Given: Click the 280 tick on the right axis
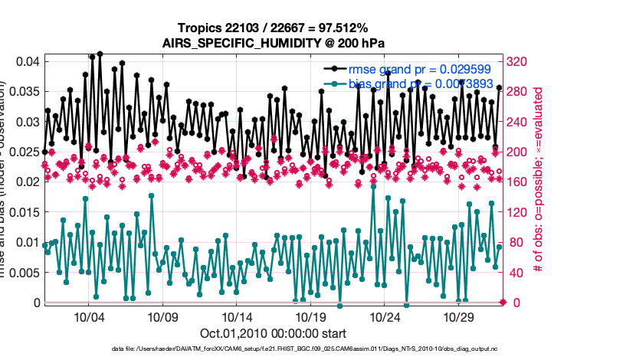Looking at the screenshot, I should click(x=520, y=91).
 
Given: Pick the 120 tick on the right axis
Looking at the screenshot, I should click(x=520, y=212).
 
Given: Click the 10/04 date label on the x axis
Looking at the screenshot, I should click(x=89, y=317).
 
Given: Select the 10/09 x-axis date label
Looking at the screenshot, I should click(x=162, y=317).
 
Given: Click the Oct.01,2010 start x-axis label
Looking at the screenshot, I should click(x=273, y=333).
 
